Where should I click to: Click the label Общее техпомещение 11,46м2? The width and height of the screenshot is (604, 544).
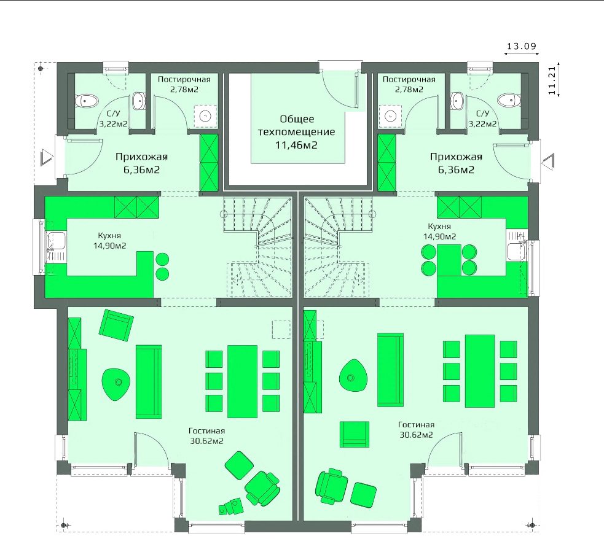click(x=297, y=132)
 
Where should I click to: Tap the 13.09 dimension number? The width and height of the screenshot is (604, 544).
click(x=522, y=46)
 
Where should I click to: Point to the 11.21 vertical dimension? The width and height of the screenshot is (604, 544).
click(x=552, y=80)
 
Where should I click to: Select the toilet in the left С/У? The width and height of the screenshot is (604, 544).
click(x=87, y=101)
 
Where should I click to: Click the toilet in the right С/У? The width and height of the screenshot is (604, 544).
click(x=509, y=100)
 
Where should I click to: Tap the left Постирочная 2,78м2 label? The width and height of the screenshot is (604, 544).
click(x=184, y=84)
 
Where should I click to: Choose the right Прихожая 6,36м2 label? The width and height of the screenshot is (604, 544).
click(x=456, y=163)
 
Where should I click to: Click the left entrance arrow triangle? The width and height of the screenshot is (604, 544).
click(x=47, y=158)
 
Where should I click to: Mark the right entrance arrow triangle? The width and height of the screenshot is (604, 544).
click(x=548, y=160)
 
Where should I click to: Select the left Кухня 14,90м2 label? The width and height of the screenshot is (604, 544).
click(x=110, y=240)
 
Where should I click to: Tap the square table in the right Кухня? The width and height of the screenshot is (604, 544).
click(x=449, y=260)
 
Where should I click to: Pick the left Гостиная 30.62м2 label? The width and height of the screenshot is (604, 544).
click(x=207, y=436)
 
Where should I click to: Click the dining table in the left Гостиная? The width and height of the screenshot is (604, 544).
click(x=242, y=381)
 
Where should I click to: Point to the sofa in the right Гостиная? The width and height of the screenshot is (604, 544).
click(x=390, y=370)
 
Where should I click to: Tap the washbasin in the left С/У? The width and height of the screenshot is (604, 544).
click(x=138, y=101)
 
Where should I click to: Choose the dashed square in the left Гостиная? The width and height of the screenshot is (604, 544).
click(x=281, y=330)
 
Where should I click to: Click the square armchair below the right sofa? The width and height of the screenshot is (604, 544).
click(x=355, y=434)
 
